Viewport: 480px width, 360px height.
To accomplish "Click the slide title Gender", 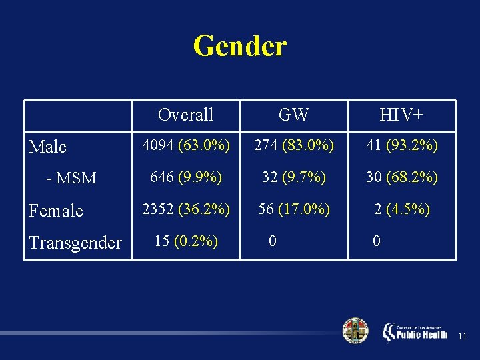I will (239, 46).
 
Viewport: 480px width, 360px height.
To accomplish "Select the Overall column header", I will (185, 115).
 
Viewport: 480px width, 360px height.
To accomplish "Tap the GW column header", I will (293, 115).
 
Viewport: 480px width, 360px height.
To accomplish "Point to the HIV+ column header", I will (401, 115).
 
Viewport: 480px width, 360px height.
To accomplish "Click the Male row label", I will (48, 147).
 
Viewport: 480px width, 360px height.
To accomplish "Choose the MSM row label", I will (71, 178).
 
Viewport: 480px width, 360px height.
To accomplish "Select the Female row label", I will (56, 211).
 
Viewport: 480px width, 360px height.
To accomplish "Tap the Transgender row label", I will (75, 243).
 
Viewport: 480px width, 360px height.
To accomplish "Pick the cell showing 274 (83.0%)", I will (293, 145).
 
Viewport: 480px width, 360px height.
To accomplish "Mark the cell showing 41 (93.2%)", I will (401, 145).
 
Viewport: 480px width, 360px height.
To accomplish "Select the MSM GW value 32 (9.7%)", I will (293, 177).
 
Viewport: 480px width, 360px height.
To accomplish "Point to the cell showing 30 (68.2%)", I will (401, 177).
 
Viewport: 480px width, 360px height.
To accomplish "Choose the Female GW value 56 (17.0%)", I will (293, 209).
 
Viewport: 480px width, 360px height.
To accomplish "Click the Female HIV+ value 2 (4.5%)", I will (401, 209).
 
